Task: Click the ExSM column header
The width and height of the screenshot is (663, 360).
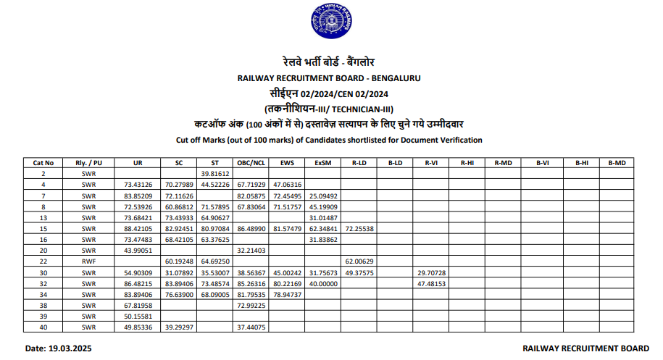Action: tap(323, 163)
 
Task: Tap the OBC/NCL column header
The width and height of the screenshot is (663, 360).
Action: tap(249, 163)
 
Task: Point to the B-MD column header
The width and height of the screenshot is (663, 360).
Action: tap(617, 163)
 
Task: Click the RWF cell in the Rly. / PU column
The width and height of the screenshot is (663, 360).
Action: tap(89, 261)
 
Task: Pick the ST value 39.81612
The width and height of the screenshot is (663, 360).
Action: tap(214, 174)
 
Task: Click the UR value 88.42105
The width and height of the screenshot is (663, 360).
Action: tap(138, 228)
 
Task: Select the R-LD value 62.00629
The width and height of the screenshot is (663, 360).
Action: tap(359, 261)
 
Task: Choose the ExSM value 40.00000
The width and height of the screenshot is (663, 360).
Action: tap(323, 283)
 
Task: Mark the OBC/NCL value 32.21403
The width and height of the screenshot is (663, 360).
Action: tap(249, 250)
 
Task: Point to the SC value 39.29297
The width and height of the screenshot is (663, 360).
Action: tap(177, 327)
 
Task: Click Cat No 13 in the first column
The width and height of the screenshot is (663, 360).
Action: tap(43, 217)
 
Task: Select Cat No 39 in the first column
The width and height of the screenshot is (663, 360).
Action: tap(43, 317)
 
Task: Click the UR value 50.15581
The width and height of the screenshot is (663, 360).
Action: tap(138, 317)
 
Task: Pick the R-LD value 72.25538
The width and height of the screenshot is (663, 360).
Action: tap(359, 228)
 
